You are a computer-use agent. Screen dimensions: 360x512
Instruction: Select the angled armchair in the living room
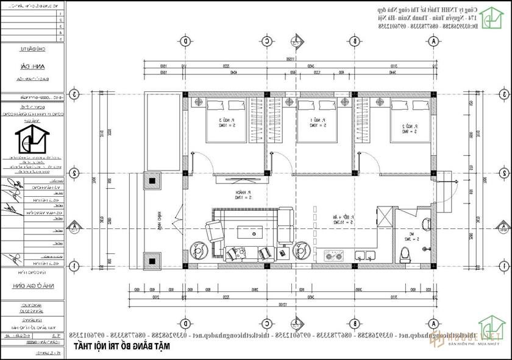pyautogui.click(x=215, y=231)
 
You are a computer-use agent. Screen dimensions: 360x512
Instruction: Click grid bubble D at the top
pyautogui.click(x=185, y=41)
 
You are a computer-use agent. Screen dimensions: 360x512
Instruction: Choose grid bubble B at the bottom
pyautogui.click(x=355, y=323)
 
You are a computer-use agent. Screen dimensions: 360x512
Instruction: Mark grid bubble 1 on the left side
pyautogui.click(x=74, y=266)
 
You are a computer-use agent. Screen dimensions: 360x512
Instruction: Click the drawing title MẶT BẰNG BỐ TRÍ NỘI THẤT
pyautogui.click(x=122, y=346)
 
